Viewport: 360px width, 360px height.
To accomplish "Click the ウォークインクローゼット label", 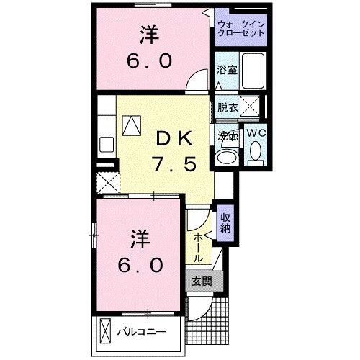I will pyautogui.click(x=241, y=30).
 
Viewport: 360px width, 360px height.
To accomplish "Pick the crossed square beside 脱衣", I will pyautogui.click(x=250, y=107).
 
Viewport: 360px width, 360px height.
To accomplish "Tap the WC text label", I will pyautogui.click(x=256, y=133).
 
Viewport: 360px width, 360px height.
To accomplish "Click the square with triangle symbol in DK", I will pyautogui.click(x=132, y=126).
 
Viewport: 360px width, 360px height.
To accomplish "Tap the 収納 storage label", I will pyautogui.click(x=225, y=224).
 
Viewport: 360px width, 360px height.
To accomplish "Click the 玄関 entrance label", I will pyautogui.click(x=201, y=282).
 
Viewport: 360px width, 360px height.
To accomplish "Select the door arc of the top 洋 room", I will pyautogui.click(x=193, y=82).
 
